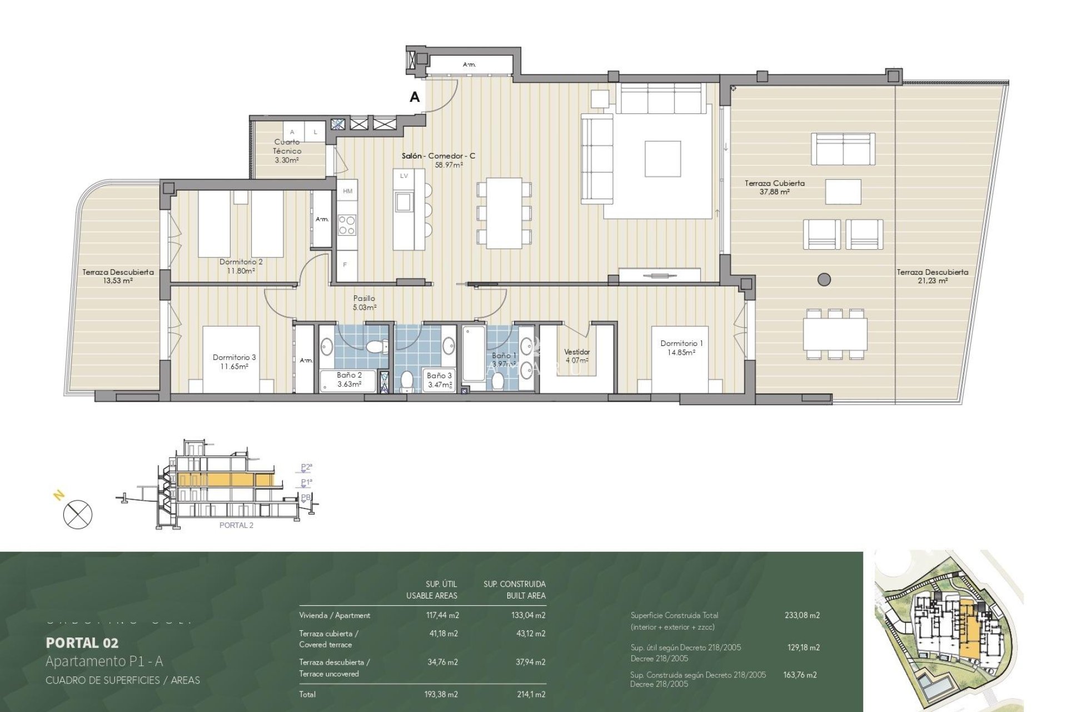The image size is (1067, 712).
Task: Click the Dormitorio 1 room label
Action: [x=681, y=343]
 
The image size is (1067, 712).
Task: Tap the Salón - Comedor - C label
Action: [x=438, y=156]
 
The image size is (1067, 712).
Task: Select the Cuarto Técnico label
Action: [x=287, y=146]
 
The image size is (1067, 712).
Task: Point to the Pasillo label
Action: [x=364, y=299]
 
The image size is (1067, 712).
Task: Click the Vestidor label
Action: [x=577, y=352]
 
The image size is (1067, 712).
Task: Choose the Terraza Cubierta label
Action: [x=775, y=183]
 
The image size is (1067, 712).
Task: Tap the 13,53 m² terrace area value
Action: [x=118, y=281]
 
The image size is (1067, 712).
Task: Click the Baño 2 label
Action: [x=349, y=375]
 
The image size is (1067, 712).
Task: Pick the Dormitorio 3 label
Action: [x=234, y=357]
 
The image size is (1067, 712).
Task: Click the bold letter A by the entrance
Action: [x=415, y=97]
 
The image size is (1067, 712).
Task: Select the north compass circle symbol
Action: [x=78, y=514]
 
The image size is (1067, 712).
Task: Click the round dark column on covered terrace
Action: [x=824, y=279]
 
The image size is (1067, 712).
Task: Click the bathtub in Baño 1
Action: [x=473, y=354]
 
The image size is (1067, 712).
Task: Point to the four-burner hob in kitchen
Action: [x=347, y=225]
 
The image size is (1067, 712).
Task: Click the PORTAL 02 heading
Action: [x=82, y=643]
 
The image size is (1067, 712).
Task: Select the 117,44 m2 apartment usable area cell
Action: [x=442, y=615]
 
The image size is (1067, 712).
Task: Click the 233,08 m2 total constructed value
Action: [x=802, y=615]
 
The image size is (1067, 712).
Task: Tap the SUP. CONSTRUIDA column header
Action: [x=514, y=584]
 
